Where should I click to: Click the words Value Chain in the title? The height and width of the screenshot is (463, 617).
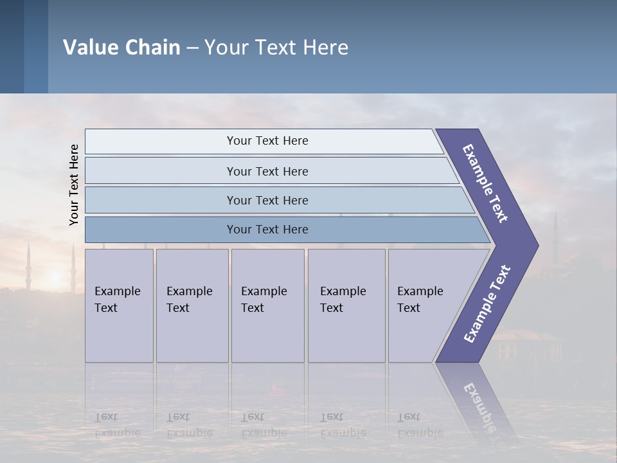click(x=121, y=48)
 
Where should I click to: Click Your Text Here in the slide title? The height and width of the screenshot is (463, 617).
click(x=276, y=48)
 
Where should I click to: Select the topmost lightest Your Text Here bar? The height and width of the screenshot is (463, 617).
click(x=267, y=141)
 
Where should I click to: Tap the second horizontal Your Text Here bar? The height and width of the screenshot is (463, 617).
click(x=267, y=171)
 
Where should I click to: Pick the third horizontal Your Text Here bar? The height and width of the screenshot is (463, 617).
click(x=267, y=200)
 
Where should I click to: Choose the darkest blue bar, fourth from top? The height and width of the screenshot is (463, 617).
click(x=267, y=230)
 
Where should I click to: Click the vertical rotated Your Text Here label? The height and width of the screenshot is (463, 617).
click(x=74, y=185)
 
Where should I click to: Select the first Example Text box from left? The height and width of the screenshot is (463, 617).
click(x=119, y=305)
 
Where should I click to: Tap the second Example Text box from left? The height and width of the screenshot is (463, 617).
click(x=192, y=305)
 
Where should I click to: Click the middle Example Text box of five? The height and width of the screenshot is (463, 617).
click(x=267, y=305)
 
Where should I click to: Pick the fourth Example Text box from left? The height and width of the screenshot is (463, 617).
click(x=346, y=305)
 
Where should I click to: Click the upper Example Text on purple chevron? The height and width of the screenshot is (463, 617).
click(x=485, y=183)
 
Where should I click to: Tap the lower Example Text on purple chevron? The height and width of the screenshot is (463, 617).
click(x=487, y=304)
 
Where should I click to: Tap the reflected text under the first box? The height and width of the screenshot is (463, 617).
click(x=116, y=425)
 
